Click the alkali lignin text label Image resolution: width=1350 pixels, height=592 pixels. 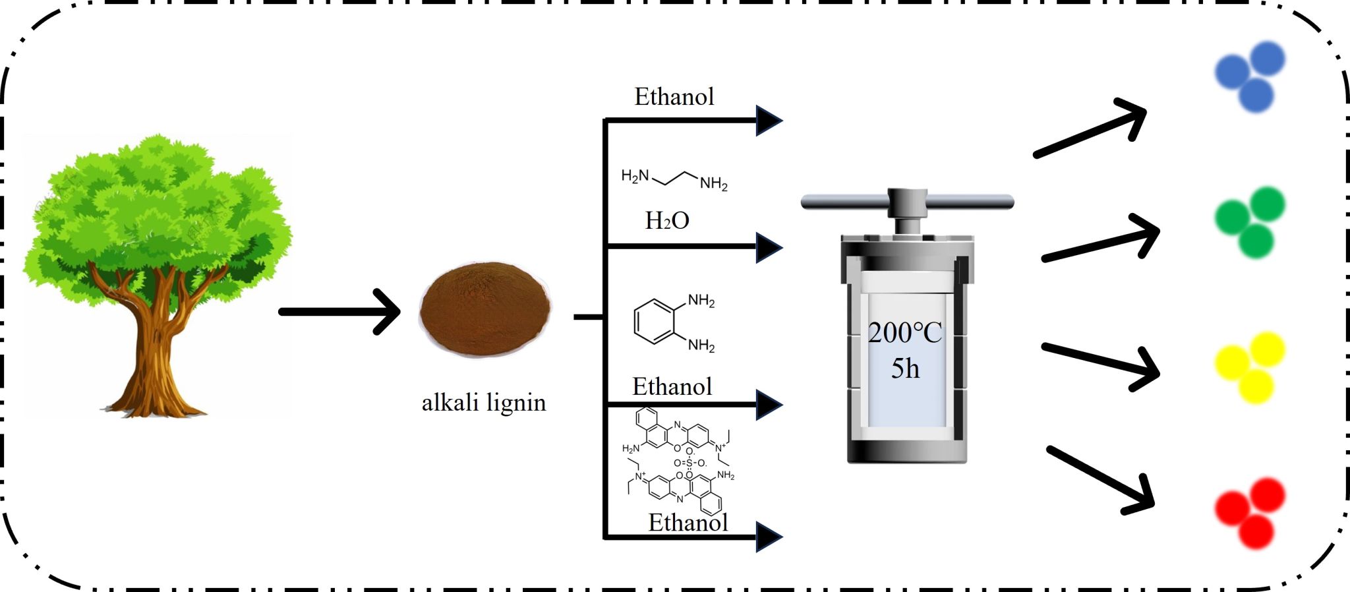pyautogui.click(x=484, y=402)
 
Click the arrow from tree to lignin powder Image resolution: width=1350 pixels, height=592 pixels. pyautogui.click(x=339, y=311)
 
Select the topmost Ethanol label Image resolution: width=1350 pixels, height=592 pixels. pyautogui.click(x=674, y=97)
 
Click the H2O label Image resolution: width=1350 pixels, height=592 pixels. pyautogui.click(x=667, y=220)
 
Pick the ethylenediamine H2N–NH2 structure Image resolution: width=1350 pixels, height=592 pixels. pyautogui.click(x=674, y=177)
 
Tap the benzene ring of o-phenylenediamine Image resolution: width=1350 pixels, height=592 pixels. pyautogui.click(x=655, y=322)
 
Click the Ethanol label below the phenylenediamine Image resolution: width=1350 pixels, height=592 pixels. pyautogui.click(x=672, y=386)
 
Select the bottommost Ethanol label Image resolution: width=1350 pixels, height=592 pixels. pyautogui.click(x=688, y=522)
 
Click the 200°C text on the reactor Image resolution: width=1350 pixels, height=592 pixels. pyautogui.click(x=905, y=333)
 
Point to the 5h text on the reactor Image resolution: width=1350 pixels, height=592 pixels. pyautogui.click(x=905, y=369)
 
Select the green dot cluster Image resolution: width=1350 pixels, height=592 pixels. pyautogui.click(x=1250, y=222)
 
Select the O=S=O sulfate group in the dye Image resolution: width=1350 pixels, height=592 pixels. pyautogui.click(x=690, y=463)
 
